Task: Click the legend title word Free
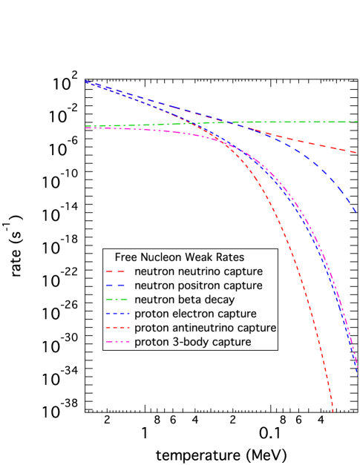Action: (126, 257)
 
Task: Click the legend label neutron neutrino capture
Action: (198, 271)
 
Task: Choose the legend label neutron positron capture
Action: (198, 286)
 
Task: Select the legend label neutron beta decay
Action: (184, 300)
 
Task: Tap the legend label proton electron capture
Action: (195, 314)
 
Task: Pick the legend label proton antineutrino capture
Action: (205, 328)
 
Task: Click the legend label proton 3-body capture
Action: (192, 342)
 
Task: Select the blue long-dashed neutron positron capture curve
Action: (327, 174)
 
